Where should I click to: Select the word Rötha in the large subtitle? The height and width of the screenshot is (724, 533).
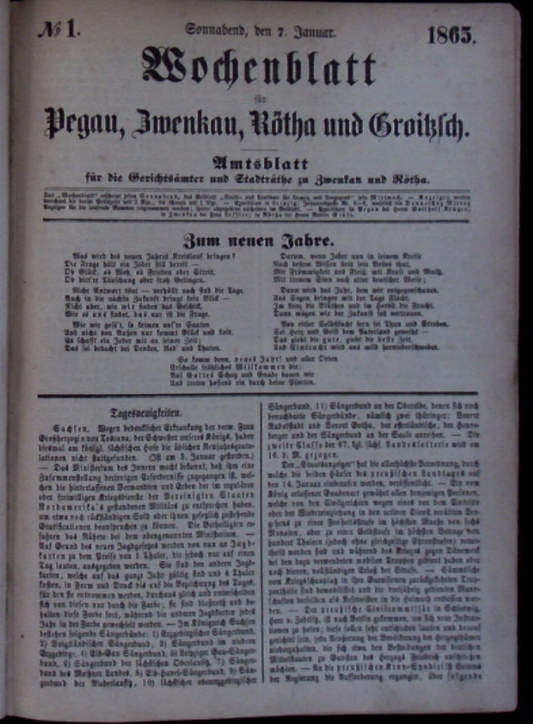(290, 122)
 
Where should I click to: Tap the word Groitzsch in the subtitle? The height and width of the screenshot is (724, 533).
(418, 123)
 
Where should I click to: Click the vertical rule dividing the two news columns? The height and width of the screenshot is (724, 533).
(263, 549)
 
